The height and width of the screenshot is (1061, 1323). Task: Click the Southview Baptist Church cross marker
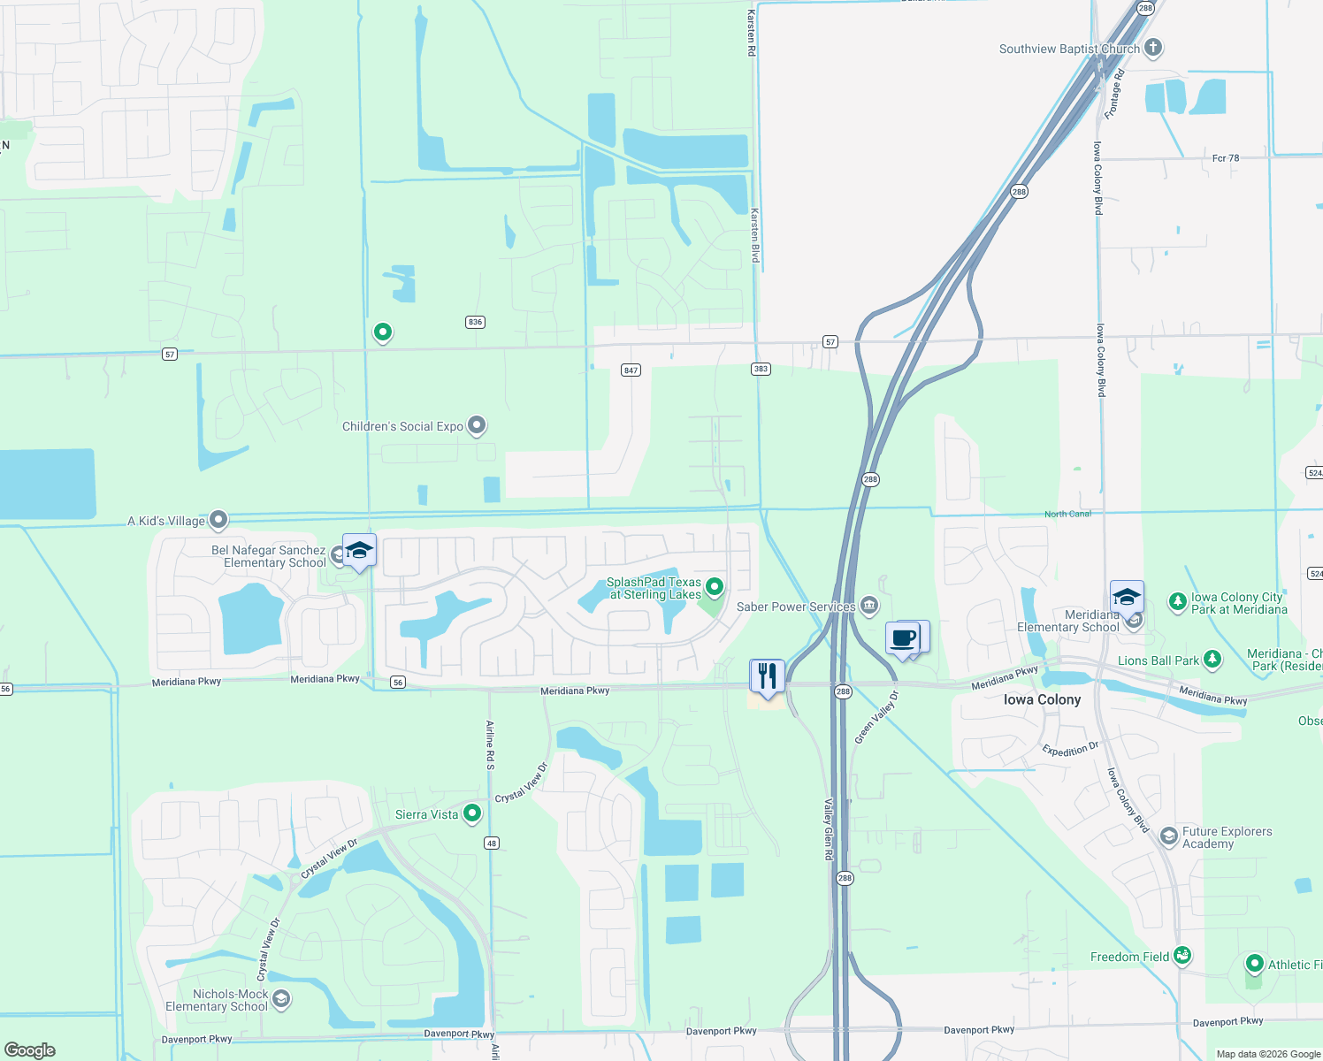pos(1152,48)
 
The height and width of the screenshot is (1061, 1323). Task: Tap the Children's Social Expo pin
pos(477,425)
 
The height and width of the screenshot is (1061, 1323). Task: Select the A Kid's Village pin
pos(218,520)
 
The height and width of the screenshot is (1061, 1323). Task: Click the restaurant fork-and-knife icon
pos(767,676)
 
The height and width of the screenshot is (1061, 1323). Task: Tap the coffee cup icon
pos(903,638)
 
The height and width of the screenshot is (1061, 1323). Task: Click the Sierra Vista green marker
pos(472,813)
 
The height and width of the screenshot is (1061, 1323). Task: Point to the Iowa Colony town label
pos(1042,699)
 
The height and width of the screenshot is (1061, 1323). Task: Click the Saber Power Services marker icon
pos(869,606)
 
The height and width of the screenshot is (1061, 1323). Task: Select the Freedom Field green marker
pos(1182,956)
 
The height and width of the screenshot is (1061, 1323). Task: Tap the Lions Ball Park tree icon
pos(1212,660)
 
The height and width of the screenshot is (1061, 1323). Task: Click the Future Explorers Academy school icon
pos(1168,836)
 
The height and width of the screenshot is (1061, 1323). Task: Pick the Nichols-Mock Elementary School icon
pos(281,999)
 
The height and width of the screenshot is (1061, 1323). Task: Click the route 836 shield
pos(475,322)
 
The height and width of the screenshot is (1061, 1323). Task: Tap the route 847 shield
pos(631,370)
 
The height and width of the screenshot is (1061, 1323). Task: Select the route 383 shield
pos(761,369)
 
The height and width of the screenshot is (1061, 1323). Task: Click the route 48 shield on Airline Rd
pos(492,843)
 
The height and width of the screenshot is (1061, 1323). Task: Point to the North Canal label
pos(1067,514)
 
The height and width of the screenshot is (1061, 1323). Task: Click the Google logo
pos(30,1050)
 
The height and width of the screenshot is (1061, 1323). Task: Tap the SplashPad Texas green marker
pos(715,586)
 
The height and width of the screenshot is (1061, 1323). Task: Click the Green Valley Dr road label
pos(876,717)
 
